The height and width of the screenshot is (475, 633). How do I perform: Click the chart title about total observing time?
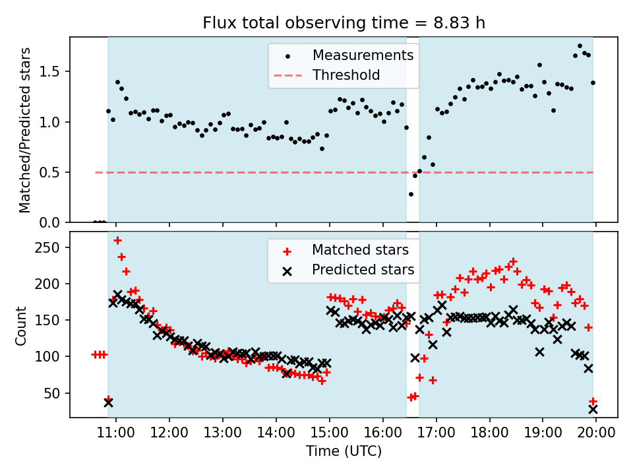[344, 23]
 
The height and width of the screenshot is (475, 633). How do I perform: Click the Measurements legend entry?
[363, 55]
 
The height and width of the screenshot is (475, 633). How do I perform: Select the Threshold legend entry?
[346, 75]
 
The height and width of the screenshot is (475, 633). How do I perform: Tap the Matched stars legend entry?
[360, 250]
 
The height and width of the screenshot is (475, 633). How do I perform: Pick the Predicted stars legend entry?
[363, 270]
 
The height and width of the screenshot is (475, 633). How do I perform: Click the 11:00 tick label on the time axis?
[116, 433]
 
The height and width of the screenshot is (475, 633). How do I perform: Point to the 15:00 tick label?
[330, 433]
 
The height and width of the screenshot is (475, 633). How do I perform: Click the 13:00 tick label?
[223, 433]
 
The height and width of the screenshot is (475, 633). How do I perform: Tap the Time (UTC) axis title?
[344, 452]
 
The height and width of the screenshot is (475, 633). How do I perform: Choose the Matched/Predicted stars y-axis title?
[25, 130]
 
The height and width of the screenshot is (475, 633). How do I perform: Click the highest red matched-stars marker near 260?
[117, 240]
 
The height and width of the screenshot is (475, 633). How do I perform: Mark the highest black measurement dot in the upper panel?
[580, 46]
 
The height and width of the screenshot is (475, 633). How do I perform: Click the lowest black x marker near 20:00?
[593, 409]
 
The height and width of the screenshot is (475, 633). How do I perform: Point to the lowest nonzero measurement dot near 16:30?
[411, 194]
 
